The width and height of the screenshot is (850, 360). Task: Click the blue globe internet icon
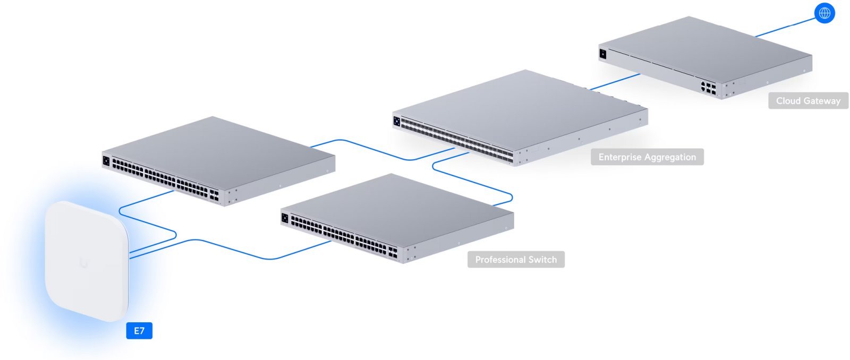(x=824, y=13)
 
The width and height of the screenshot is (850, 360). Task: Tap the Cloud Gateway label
(x=808, y=101)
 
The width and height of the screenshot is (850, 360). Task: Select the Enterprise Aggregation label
(x=647, y=157)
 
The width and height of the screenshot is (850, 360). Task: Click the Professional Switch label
(x=516, y=260)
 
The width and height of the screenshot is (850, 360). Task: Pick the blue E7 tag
(x=139, y=331)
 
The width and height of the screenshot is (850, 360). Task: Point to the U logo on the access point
(x=84, y=262)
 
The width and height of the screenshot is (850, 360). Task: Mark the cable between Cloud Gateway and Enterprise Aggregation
(x=615, y=82)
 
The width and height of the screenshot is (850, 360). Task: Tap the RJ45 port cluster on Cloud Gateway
(x=708, y=88)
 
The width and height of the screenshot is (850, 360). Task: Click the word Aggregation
(x=670, y=157)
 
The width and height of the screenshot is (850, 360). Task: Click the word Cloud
(x=788, y=101)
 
